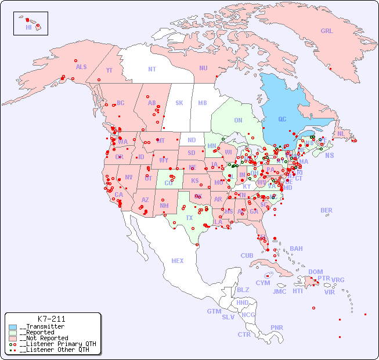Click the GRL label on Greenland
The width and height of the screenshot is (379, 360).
327,31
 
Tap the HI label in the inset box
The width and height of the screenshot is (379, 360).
28,27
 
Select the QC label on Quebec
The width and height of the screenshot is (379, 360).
282,119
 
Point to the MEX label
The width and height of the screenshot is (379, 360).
178,261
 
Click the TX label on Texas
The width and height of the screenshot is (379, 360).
189,218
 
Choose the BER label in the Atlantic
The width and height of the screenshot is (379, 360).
327,210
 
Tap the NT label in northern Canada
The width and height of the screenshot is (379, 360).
152,69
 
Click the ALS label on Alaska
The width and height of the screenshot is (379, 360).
81,67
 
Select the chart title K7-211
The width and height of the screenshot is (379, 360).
51,319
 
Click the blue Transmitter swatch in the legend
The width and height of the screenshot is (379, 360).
13,327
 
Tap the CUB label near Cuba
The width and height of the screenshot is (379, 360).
247,255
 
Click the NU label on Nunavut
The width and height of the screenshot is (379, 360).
203,68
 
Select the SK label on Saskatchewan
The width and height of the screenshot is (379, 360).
179,103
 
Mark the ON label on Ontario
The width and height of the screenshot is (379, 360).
238,120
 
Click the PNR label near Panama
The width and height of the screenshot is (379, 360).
277,327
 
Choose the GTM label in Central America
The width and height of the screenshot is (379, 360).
214,311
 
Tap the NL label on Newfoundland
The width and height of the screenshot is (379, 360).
341,133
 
